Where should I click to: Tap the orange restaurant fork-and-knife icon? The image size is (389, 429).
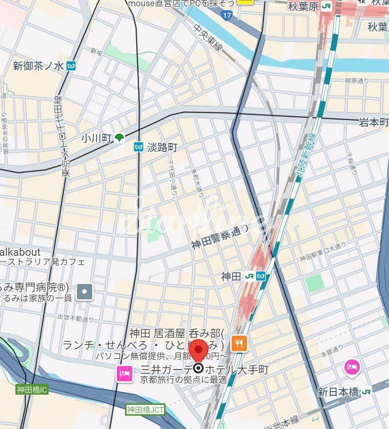[x=239, y=343]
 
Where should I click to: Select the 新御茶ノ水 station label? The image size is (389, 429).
[x=38, y=66]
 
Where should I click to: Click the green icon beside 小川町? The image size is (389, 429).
[x=119, y=137]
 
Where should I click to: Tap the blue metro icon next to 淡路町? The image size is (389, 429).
[x=138, y=148]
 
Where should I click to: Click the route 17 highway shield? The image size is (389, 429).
[x=227, y=15]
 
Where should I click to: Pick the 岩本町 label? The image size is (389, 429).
[x=374, y=121]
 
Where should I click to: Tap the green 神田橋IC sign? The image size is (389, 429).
[x=32, y=390]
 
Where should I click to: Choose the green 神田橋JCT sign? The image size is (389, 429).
[x=146, y=409]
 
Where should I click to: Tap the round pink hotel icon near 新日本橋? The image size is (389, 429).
[x=352, y=366]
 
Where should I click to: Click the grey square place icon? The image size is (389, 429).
[x=85, y=292]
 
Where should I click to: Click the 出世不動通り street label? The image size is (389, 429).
[x=75, y=318]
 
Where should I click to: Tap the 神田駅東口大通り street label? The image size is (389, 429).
[x=323, y=252]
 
